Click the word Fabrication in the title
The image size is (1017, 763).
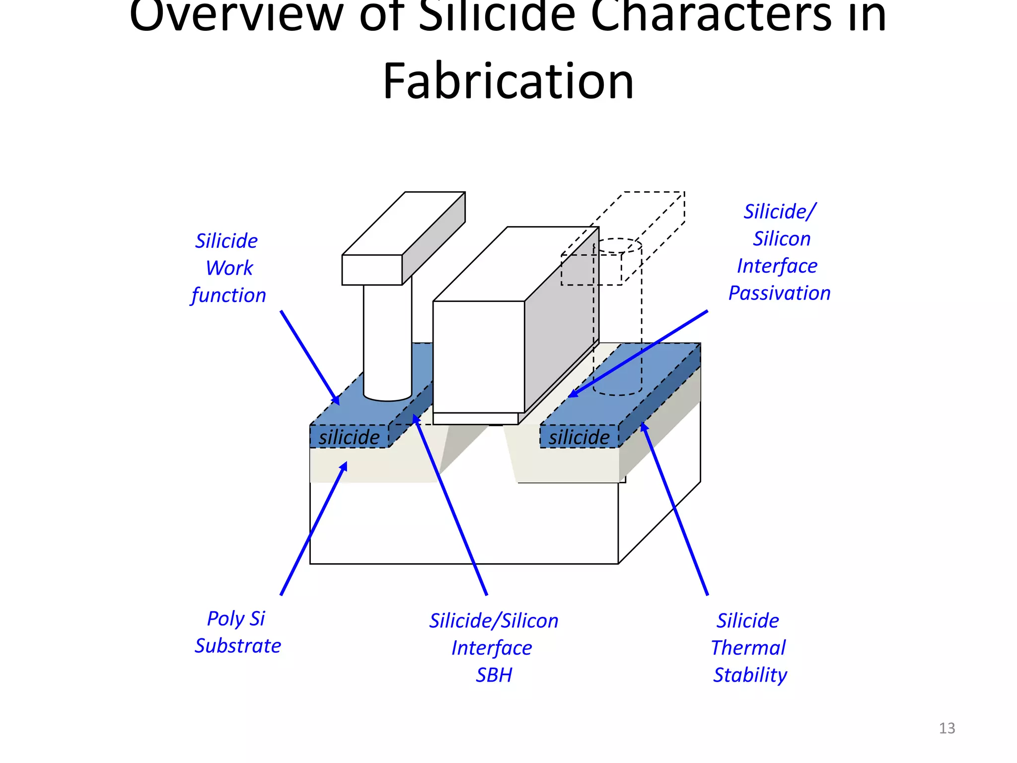(508, 81)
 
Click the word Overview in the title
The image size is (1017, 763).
(236, 17)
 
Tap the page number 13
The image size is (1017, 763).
(946, 728)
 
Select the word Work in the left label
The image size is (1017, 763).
(229, 268)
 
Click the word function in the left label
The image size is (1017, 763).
(228, 296)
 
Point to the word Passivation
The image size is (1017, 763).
(779, 293)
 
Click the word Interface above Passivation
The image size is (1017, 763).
(777, 266)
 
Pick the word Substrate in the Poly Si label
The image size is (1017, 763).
(237, 646)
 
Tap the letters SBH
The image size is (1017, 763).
(494, 675)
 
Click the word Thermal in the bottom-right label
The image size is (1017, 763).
(748, 648)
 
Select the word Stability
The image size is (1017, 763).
(750, 675)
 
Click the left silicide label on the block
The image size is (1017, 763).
(349, 437)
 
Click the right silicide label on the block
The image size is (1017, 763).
(579, 437)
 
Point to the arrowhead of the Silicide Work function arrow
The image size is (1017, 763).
(336, 400)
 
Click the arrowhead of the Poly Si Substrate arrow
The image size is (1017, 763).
(344, 466)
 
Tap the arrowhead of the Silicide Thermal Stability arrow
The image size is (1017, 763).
(644, 426)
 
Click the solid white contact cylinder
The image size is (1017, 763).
(387, 343)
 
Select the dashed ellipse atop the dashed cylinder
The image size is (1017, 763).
(617, 245)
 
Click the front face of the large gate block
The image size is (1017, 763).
(478, 357)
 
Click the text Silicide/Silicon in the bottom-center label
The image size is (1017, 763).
(494, 621)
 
